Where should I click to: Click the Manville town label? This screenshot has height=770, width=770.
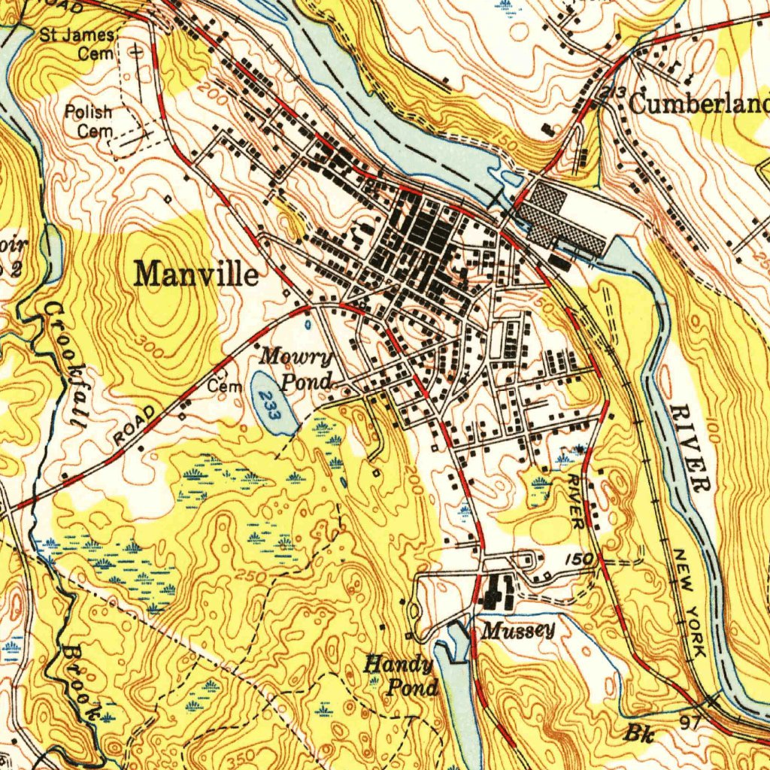196,274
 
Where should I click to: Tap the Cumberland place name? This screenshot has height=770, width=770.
699,104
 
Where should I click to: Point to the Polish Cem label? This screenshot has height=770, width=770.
88,121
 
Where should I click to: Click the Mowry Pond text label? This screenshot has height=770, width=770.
296,368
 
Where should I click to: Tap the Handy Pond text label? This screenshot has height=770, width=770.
402,675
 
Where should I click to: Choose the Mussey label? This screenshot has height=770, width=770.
518,630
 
